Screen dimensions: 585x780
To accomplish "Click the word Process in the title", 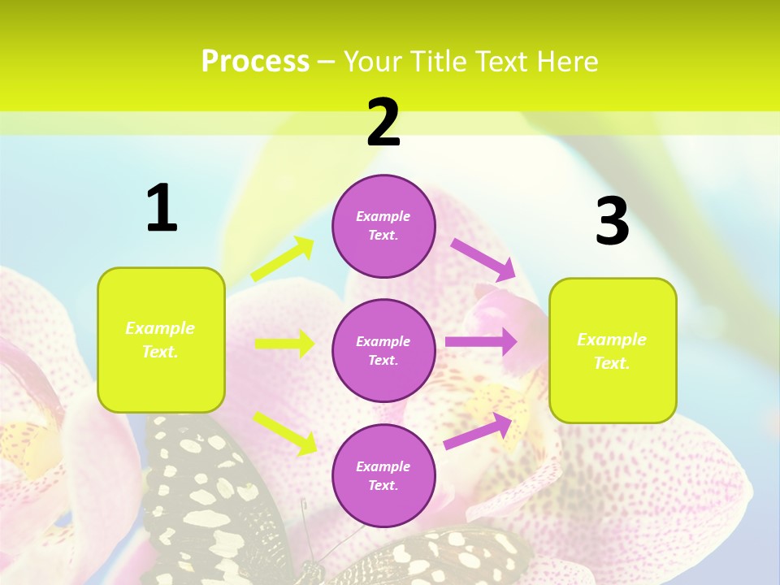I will pyautogui.click(x=255, y=61).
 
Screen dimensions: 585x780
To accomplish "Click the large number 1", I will pyautogui.click(x=162, y=209).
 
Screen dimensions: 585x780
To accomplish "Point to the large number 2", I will pyautogui.click(x=383, y=123).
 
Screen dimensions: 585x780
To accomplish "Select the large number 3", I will pyautogui.click(x=612, y=221).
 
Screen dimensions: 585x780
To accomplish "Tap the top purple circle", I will pyautogui.click(x=383, y=226).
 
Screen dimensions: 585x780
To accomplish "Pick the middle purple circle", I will pyautogui.click(x=383, y=350).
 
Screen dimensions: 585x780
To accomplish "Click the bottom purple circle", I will pyautogui.click(x=383, y=475).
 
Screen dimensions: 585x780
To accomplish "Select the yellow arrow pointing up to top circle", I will pyautogui.click(x=283, y=259).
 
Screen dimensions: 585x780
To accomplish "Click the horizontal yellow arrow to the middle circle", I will pyautogui.click(x=284, y=344).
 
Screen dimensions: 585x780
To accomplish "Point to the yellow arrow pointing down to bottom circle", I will pyautogui.click(x=284, y=432).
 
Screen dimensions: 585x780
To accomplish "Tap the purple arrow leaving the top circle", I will pyautogui.click(x=483, y=259).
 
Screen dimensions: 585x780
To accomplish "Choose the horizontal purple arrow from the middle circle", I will pyautogui.click(x=480, y=342).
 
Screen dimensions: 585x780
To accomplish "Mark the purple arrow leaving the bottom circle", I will pyautogui.click(x=479, y=431).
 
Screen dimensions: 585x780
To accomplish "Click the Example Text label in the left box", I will pyautogui.click(x=160, y=340).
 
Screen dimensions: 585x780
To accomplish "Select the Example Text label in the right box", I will pyautogui.click(x=612, y=351).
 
